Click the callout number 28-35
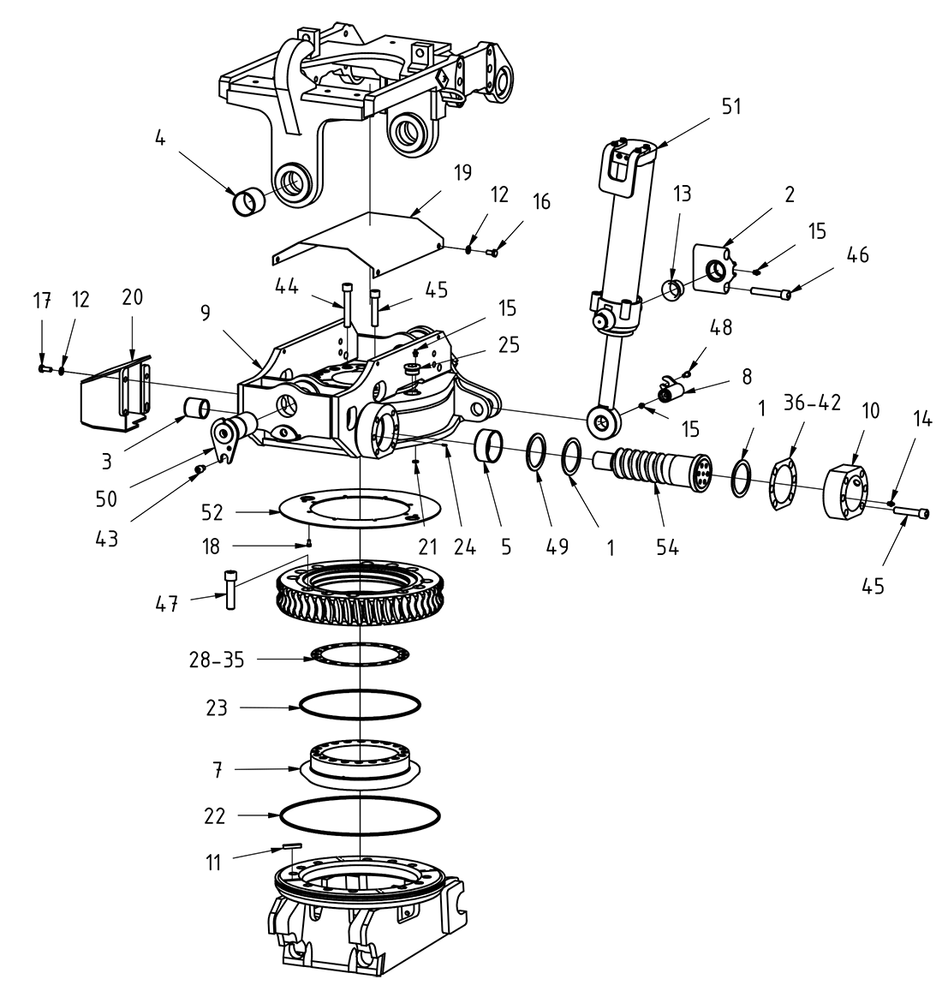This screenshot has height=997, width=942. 217,660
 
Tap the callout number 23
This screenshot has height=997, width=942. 217,707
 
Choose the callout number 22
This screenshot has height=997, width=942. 215,816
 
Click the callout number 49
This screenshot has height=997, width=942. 557,546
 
